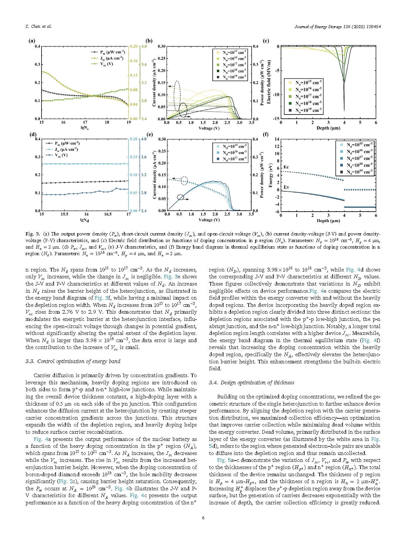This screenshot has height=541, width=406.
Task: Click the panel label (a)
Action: pyautogui.click(x=32, y=41)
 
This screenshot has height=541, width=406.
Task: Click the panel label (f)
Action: pyautogui.click(x=266, y=134)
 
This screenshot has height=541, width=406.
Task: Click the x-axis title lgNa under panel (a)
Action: pyautogui.click(x=85, y=128)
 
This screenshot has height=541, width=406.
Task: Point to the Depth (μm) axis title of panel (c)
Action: pyautogui.click(x=328, y=128)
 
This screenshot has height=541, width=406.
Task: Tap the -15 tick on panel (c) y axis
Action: pyautogui.click(x=276, y=119)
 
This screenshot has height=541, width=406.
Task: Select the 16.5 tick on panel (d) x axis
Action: pyautogui.click(x=108, y=214)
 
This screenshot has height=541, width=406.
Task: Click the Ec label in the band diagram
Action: pyautogui.click(x=286, y=167)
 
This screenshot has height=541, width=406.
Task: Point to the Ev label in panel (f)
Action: pyautogui.click(x=286, y=187)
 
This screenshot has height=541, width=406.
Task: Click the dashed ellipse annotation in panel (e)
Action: pyautogui.click(x=184, y=181)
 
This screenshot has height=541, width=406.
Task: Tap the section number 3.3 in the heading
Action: pyautogui.click(x=30, y=361)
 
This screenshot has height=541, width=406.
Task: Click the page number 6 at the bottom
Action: pyautogui.click(x=203, y=518)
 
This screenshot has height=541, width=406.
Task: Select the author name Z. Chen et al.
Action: pyautogui.click(x=39, y=26)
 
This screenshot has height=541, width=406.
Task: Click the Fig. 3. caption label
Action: pyautogui.click(x=33, y=234)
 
